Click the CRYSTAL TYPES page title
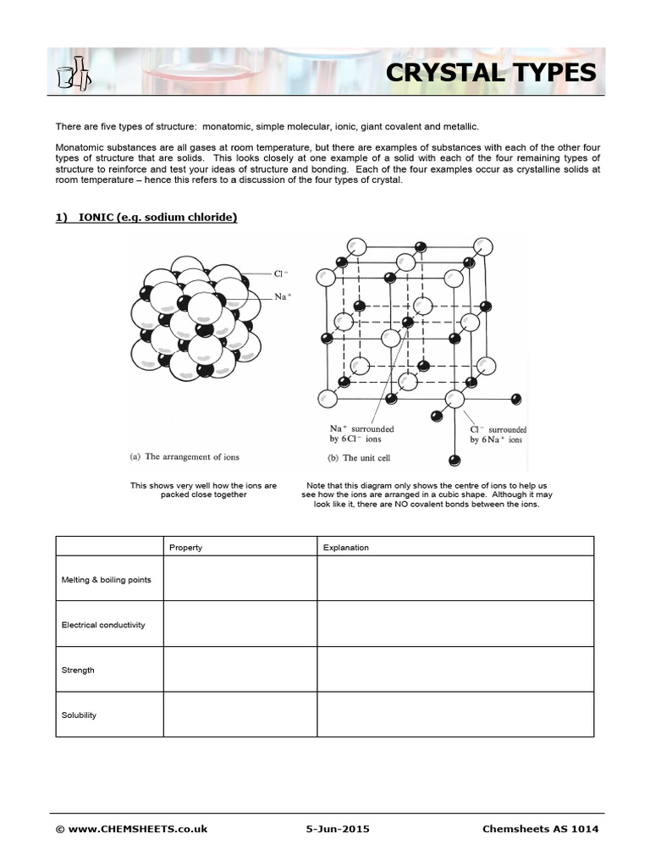(491, 73)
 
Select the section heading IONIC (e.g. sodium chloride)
(146, 218)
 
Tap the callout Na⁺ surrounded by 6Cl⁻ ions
(361, 434)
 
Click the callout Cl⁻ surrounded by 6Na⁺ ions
(498, 434)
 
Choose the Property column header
(185, 547)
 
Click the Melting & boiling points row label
(107, 579)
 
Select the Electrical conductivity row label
(103, 625)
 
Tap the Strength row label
(78, 670)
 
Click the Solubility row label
(79, 715)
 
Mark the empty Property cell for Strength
(240, 670)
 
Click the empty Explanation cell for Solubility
(455, 715)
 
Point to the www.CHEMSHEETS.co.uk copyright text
(131, 829)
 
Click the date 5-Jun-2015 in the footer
(337, 829)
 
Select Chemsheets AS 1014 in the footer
(540, 829)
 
